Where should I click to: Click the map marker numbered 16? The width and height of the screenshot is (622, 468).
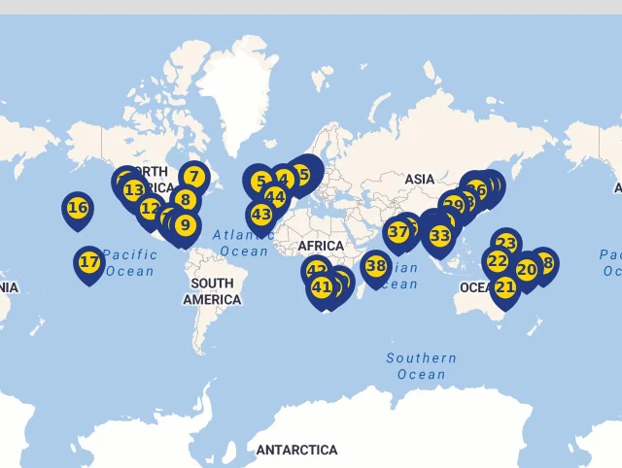[x=78, y=208]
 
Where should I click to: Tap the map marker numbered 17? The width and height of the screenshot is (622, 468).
[x=88, y=261]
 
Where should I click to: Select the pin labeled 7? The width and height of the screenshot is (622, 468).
[x=194, y=177]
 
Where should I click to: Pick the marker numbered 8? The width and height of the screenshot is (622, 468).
[x=185, y=201]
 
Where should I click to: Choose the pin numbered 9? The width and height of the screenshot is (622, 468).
[x=186, y=226]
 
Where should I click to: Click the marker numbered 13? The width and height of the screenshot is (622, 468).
[x=133, y=189]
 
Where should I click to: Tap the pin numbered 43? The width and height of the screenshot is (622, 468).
[x=260, y=214]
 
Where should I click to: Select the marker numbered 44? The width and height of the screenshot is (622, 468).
[x=275, y=198]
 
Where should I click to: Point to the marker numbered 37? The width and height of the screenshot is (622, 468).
[x=397, y=232]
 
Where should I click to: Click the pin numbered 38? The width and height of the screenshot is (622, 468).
[x=376, y=265]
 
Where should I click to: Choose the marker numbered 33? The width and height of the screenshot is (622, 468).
[x=440, y=235]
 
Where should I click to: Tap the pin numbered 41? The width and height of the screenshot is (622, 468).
[x=322, y=286]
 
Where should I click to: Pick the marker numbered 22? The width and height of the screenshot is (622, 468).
[x=497, y=261]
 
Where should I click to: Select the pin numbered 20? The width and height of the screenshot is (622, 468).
[x=527, y=270]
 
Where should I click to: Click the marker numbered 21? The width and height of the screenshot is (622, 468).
[x=505, y=286]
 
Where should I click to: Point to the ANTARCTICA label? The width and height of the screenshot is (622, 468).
[x=296, y=450]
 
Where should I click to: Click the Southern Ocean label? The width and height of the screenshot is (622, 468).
[x=421, y=366]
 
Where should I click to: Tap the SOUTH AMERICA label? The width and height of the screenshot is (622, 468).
[x=212, y=291]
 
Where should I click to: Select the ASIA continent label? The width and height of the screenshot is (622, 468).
[x=420, y=179]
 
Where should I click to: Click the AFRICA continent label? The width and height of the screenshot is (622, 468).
[x=322, y=246]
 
